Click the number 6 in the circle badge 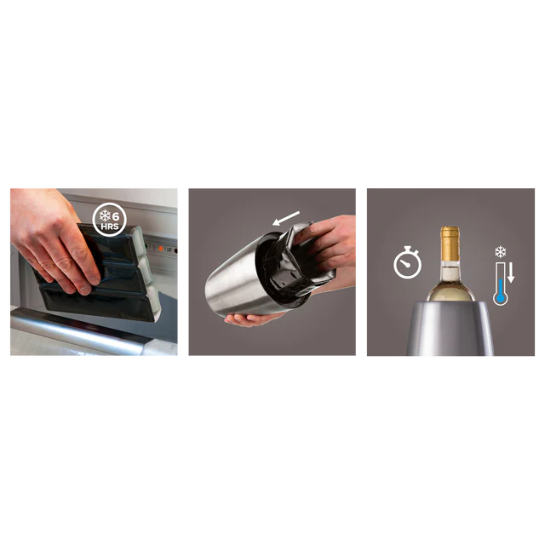click(116, 217)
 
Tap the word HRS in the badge click(110, 227)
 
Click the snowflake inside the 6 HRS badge click(105, 215)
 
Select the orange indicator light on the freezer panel click(160, 249)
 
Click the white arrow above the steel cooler click(286, 218)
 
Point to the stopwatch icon click(407, 262)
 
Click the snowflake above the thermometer click(500, 252)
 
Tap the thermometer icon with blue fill click(500, 284)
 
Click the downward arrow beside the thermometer click(511, 273)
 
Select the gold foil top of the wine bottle click(450, 244)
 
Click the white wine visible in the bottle click(450, 290)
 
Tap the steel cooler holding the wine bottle click(450, 328)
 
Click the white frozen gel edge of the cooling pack click(147, 271)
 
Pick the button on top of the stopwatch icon click(407, 248)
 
